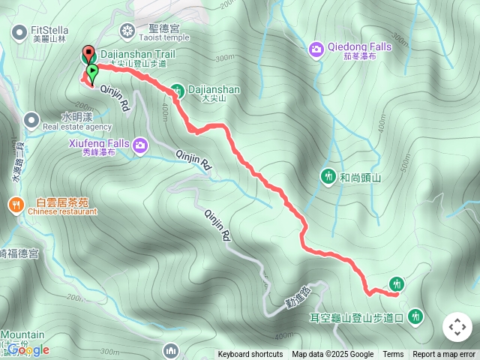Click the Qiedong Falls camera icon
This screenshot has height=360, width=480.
click(x=316, y=49)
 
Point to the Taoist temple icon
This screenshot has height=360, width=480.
click(x=128, y=31)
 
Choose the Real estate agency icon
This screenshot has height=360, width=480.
click(x=31, y=119)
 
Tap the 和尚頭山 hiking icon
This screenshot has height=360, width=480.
click(x=328, y=176)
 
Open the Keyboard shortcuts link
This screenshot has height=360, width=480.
click(x=250, y=355)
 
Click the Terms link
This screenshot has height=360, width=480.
click(x=393, y=355)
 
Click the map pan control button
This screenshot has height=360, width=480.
click(x=457, y=327)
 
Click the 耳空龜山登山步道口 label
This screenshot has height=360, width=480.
click(x=357, y=318)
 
